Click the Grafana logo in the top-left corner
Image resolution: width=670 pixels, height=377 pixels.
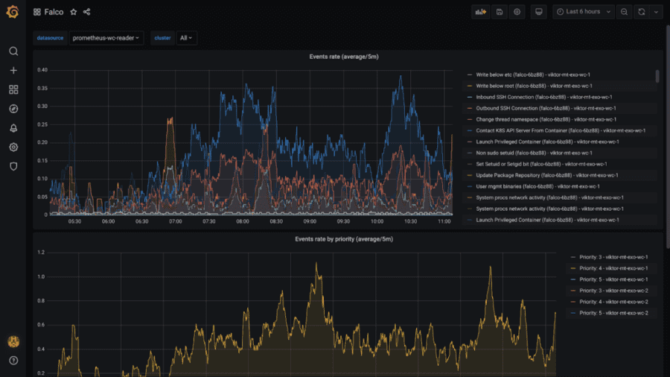(13, 12)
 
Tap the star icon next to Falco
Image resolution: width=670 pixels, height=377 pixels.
(73, 12)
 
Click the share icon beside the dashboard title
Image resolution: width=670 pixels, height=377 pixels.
(87, 12)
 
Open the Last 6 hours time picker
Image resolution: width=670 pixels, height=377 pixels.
(583, 12)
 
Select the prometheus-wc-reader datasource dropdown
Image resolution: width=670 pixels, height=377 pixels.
(106, 37)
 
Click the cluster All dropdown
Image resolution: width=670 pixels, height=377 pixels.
(185, 37)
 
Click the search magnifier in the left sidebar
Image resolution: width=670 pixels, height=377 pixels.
(13, 51)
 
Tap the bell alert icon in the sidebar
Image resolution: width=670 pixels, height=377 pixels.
(13, 128)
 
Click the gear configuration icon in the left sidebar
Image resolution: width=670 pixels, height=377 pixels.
(13, 147)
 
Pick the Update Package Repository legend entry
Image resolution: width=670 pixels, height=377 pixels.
(526, 175)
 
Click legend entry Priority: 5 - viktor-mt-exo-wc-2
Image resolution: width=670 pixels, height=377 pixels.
(608, 313)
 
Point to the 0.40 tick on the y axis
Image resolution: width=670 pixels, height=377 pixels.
(42, 70)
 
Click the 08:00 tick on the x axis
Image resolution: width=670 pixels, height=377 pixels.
(242, 221)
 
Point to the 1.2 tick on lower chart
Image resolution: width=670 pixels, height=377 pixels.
(42, 253)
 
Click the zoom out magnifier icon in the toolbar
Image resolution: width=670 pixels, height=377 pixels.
(624, 12)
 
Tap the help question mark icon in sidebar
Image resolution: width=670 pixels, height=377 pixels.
(13, 361)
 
